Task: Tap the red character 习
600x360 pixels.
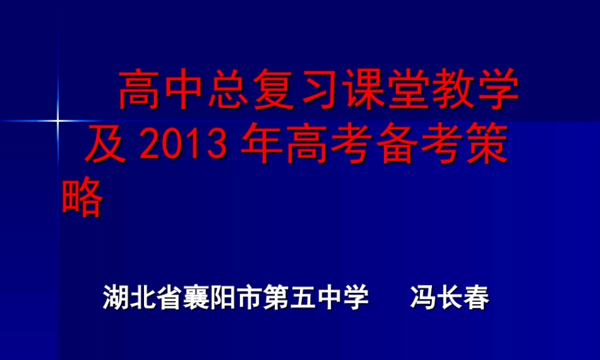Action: pyautogui.click(x=317, y=91)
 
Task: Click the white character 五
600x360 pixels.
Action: pyautogui.click(x=302, y=298)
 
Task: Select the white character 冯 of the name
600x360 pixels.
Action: pyautogui.click(x=424, y=298)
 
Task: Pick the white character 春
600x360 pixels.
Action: pyautogui.click(x=476, y=298)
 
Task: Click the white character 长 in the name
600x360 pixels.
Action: pyautogui.click(x=450, y=298)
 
